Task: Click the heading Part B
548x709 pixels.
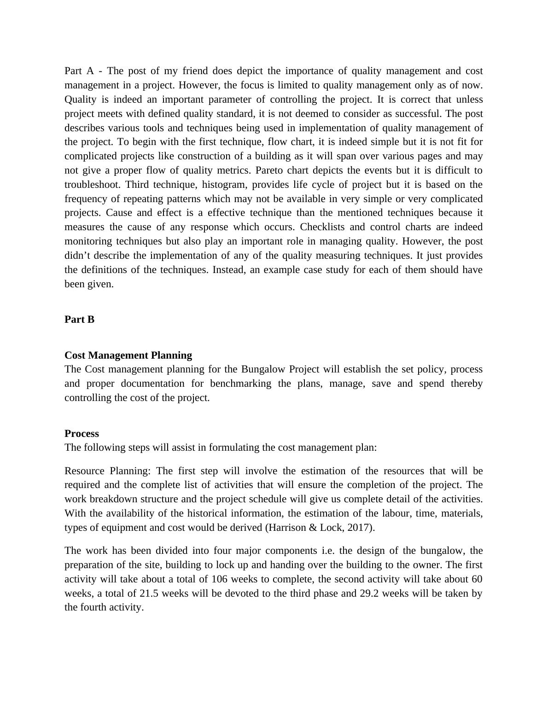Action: pyautogui.click(x=79, y=320)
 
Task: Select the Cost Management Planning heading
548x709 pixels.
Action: pyautogui.click(x=128, y=355)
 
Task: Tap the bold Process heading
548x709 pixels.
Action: pyautogui.click(x=82, y=434)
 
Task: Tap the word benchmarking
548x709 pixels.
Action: pyautogui.click(x=240, y=384)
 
